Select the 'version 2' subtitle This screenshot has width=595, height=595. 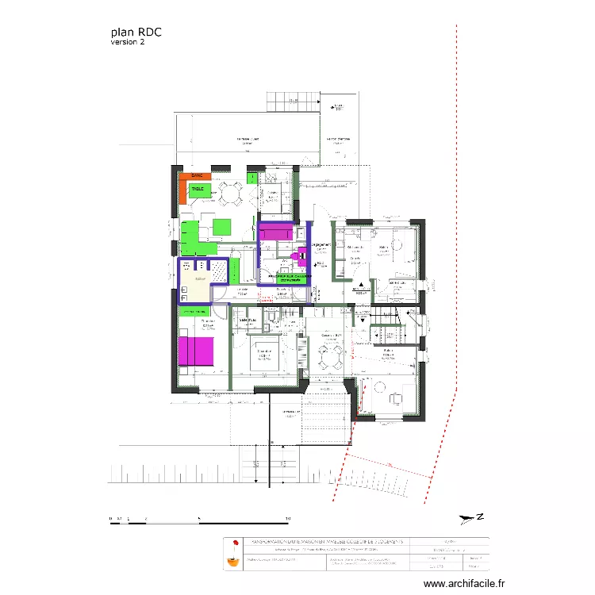(128, 42)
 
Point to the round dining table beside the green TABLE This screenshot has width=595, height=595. (231, 191)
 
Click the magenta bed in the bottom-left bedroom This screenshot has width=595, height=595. (195, 351)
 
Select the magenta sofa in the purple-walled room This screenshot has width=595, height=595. (277, 232)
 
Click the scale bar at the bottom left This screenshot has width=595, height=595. (198, 520)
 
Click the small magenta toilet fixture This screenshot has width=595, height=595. (301, 255)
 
